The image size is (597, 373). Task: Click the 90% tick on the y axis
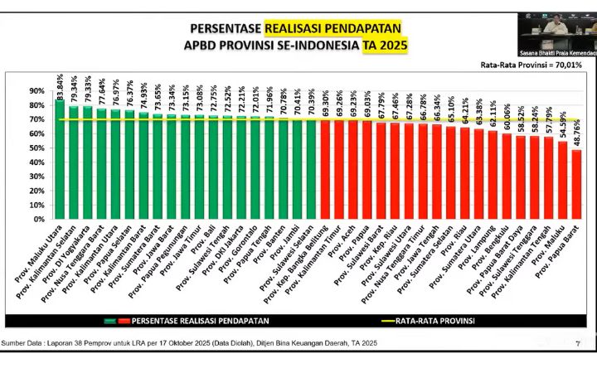36,91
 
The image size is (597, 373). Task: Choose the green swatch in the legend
109,320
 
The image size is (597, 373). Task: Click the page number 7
576,342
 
